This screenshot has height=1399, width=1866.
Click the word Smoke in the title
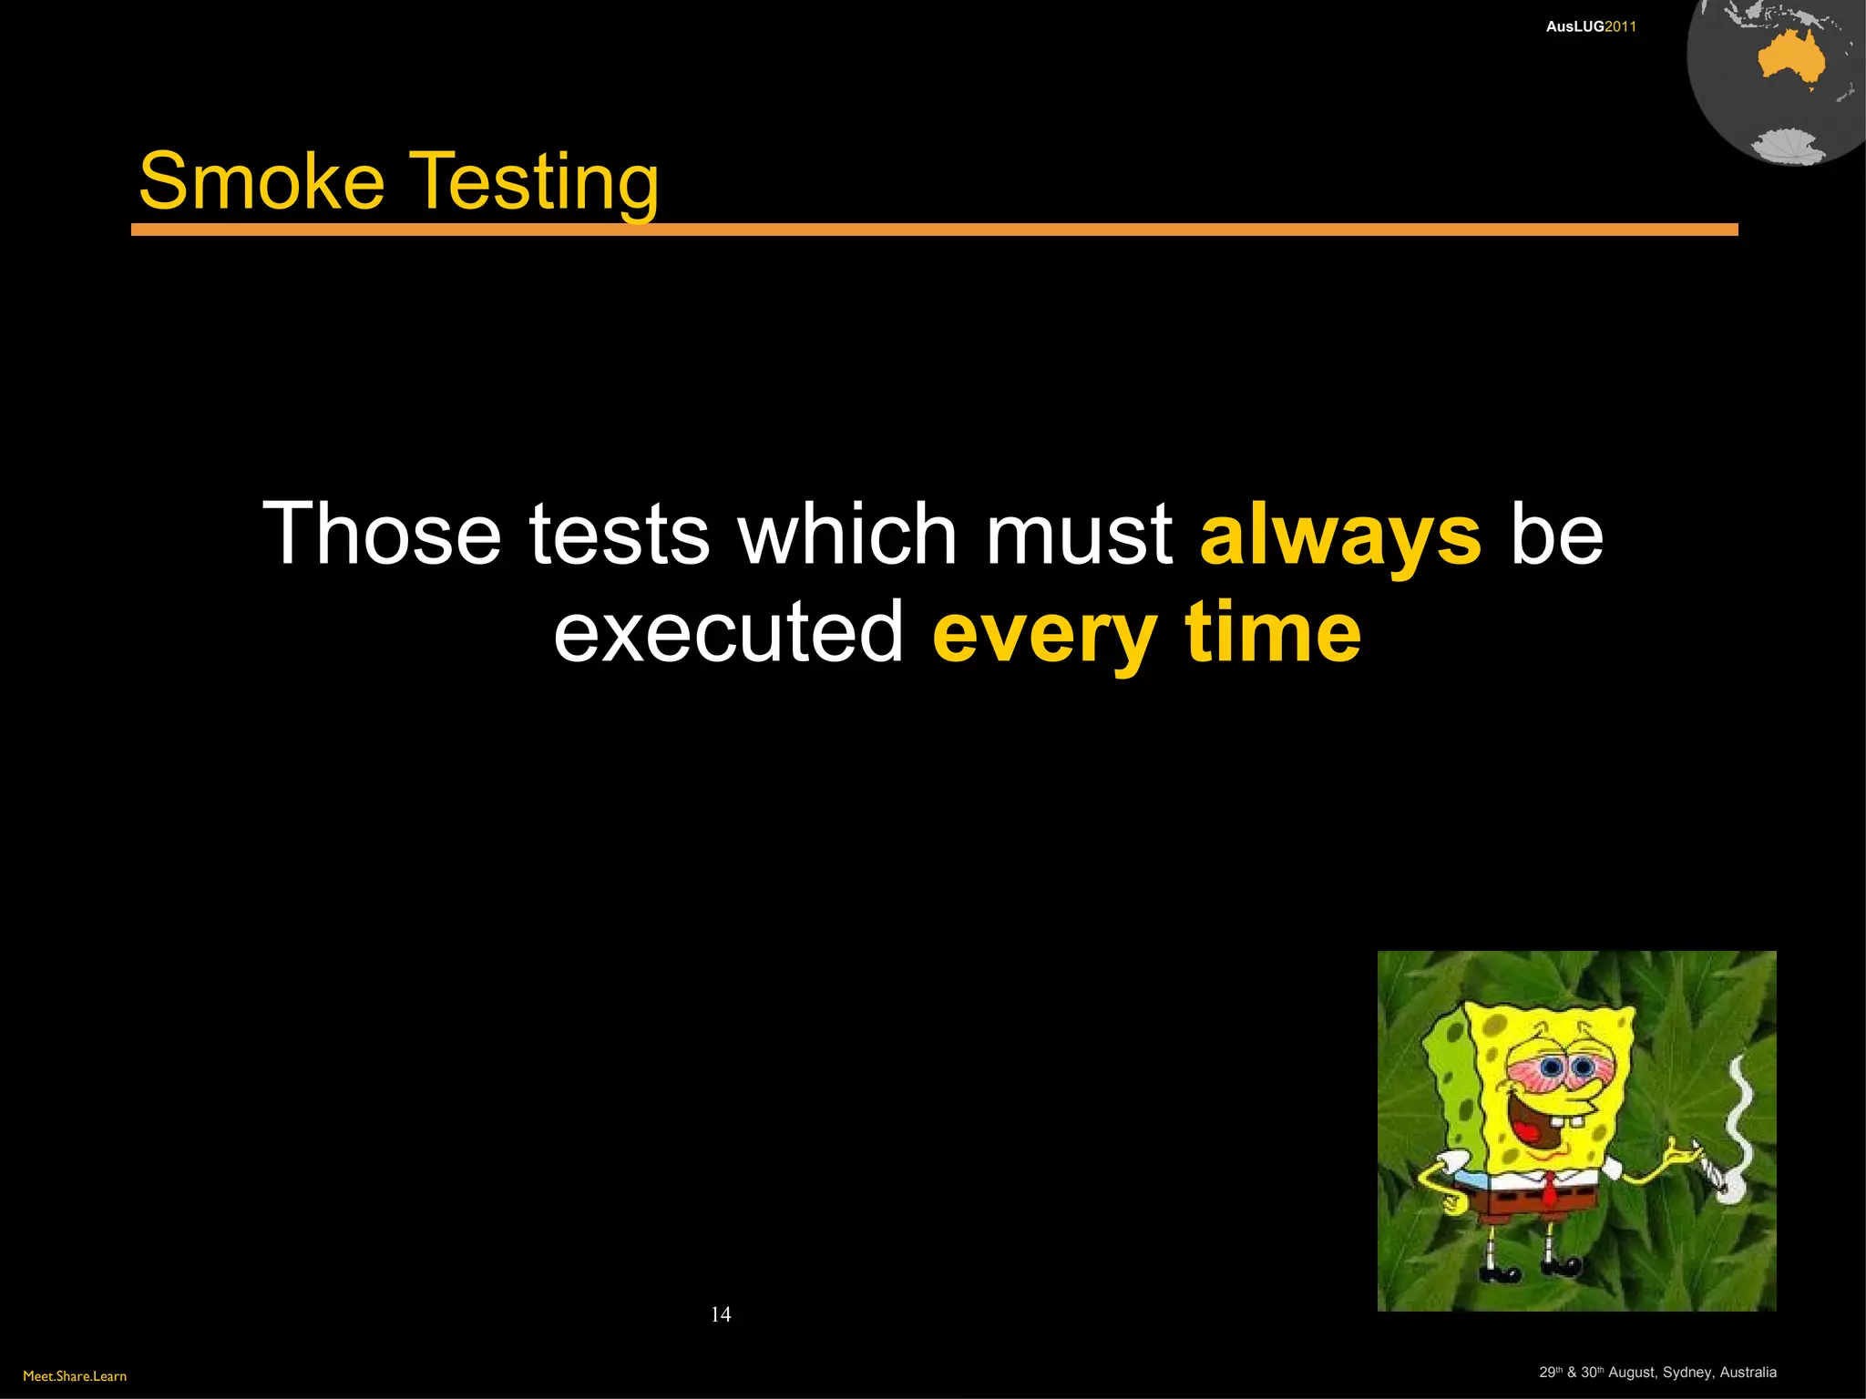[261, 181]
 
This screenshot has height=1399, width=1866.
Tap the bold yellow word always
[1340, 535]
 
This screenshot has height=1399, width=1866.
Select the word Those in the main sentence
[382, 535]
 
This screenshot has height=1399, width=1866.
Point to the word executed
[728, 632]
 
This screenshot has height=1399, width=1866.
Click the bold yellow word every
[1044, 634]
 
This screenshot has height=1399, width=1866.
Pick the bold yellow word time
[1273, 632]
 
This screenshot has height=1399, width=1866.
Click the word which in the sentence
[847, 535]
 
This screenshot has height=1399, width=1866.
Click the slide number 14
[721, 1314]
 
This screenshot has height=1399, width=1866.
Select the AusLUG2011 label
[1591, 27]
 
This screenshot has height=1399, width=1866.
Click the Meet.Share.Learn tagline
[75, 1376]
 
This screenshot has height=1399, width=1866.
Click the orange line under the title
[934, 230]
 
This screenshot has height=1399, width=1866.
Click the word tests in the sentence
[620, 535]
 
